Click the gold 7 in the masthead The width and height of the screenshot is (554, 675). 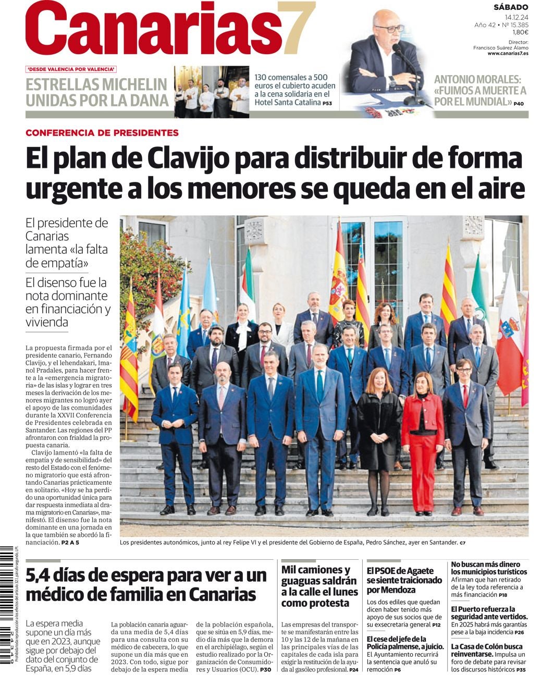coord(296,29)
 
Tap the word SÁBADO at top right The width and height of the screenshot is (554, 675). coord(511,7)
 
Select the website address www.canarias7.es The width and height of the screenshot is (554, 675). coord(508,53)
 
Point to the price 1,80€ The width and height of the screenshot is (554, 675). coord(520,32)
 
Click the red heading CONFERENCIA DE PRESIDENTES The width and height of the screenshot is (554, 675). coord(102,133)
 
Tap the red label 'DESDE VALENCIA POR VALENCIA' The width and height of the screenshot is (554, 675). coord(71,69)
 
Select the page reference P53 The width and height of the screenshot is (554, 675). coord(327,103)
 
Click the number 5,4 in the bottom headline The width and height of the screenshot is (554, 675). coord(43,575)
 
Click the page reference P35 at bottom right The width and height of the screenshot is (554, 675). coord(521,669)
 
